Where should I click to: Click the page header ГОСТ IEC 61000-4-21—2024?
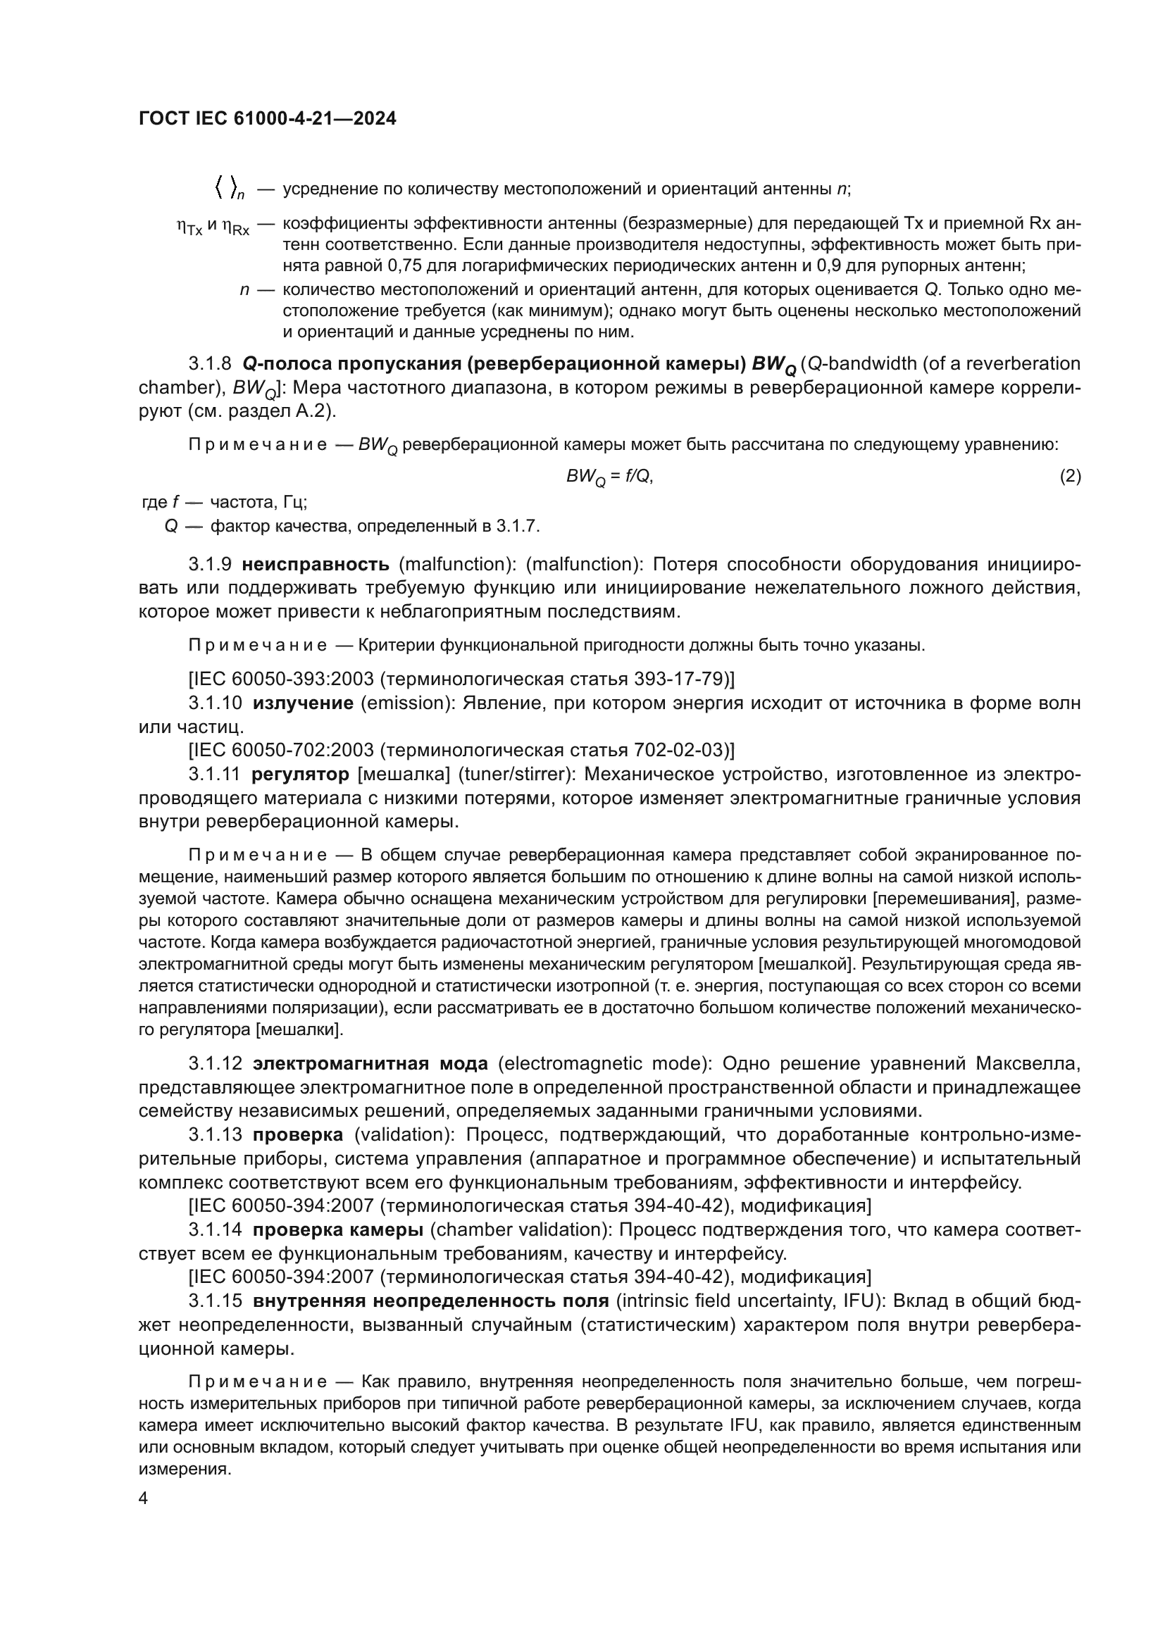267,119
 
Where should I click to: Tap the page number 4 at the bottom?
144,1498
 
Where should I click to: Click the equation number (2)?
1070,475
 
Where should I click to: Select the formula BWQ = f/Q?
610,477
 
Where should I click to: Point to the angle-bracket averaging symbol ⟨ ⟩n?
229,189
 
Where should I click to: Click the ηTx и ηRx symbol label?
213,227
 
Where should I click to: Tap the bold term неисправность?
316,565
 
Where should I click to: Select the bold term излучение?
304,703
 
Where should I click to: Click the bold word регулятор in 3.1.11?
300,775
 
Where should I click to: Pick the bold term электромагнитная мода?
370,1063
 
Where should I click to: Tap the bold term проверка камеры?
337,1229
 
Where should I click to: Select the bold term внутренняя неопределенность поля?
430,1301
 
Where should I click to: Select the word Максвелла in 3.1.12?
1027,1063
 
